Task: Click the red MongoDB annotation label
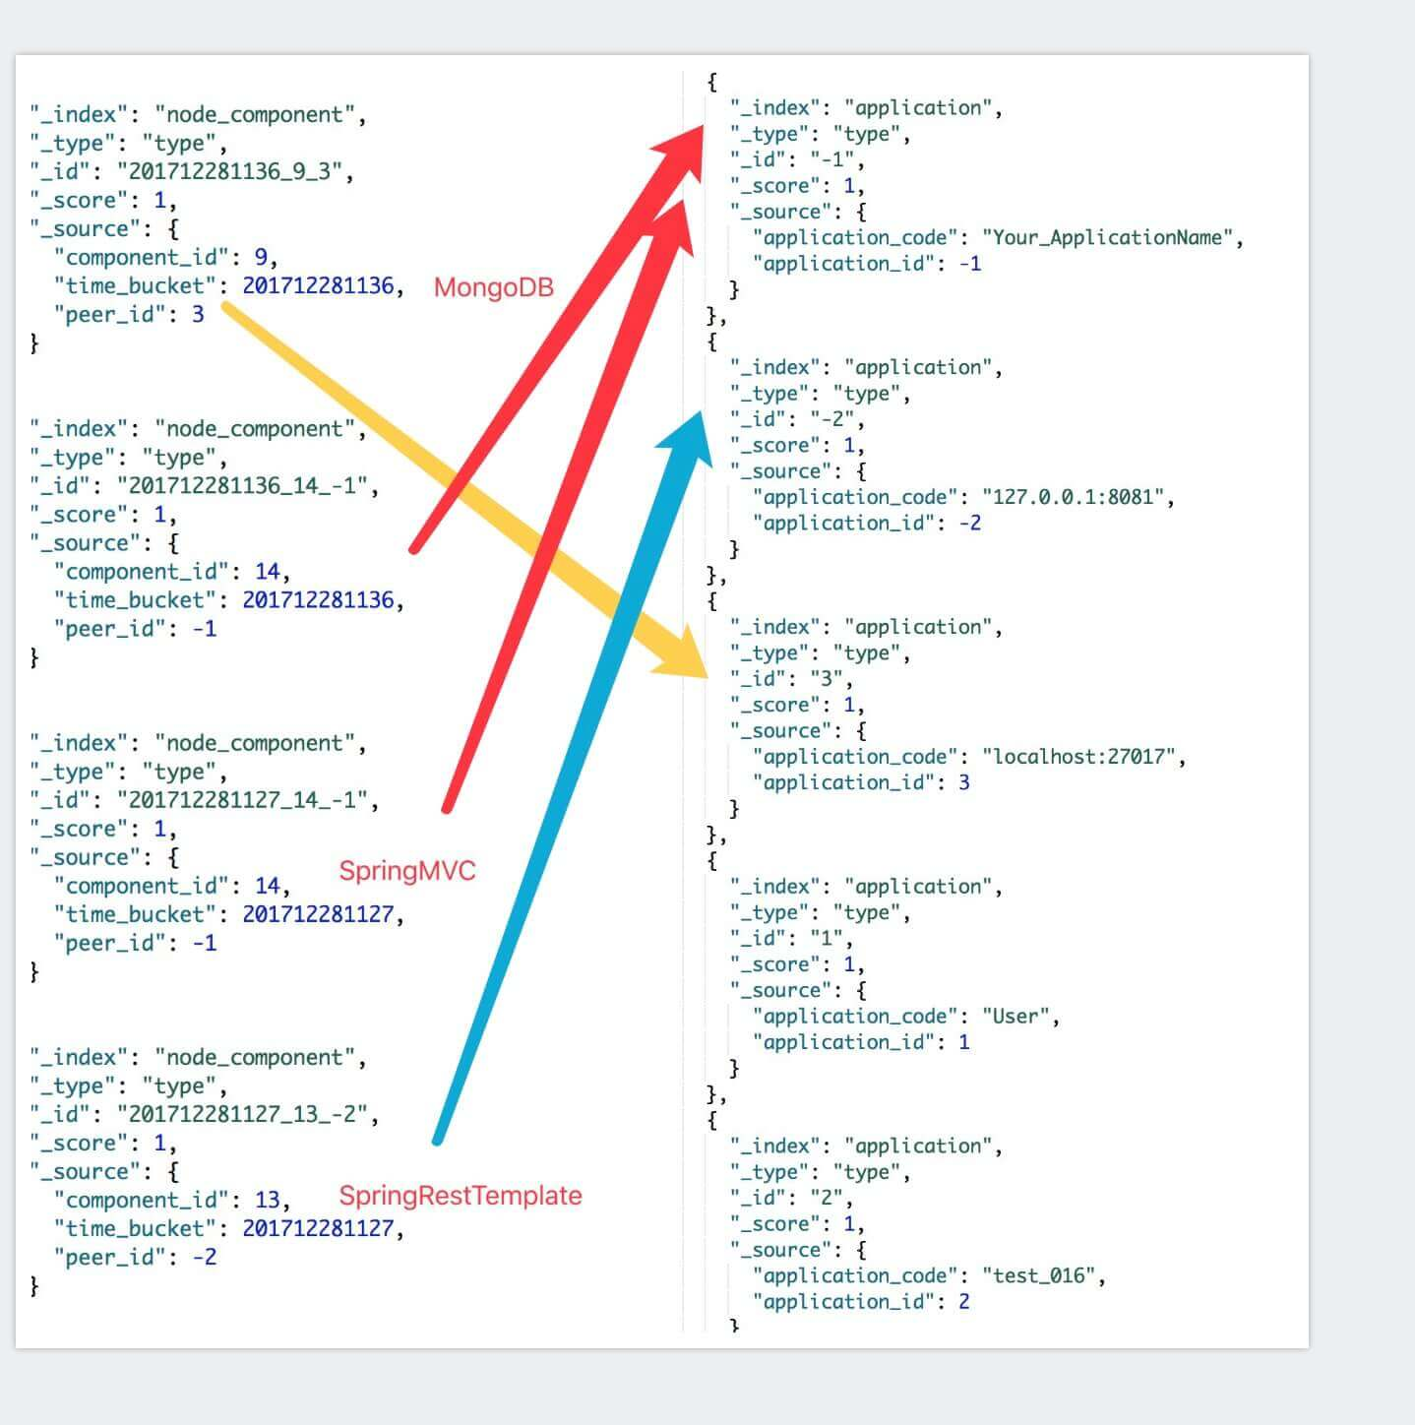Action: pyautogui.click(x=493, y=287)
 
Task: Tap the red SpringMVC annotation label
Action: pyautogui.click(x=406, y=871)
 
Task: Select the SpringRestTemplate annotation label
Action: pyautogui.click(x=460, y=1196)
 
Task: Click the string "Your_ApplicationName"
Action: pyautogui.click(x=1112, y=237)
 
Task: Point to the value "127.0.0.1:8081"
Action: pyautogui.click(x=1077, y=497)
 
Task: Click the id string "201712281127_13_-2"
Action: pyautogui.click(x=248, y=1115)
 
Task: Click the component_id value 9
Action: pyautogui.click(x=261, y=258)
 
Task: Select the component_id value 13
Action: pyautogui.click(x=267, y=1201)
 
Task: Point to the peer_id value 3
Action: pyautogui.click(x=198, y=315)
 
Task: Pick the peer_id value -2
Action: pyautogui.click(x=204, y=1258)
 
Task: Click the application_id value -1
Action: pyautogui.click(x=969, y=264)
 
